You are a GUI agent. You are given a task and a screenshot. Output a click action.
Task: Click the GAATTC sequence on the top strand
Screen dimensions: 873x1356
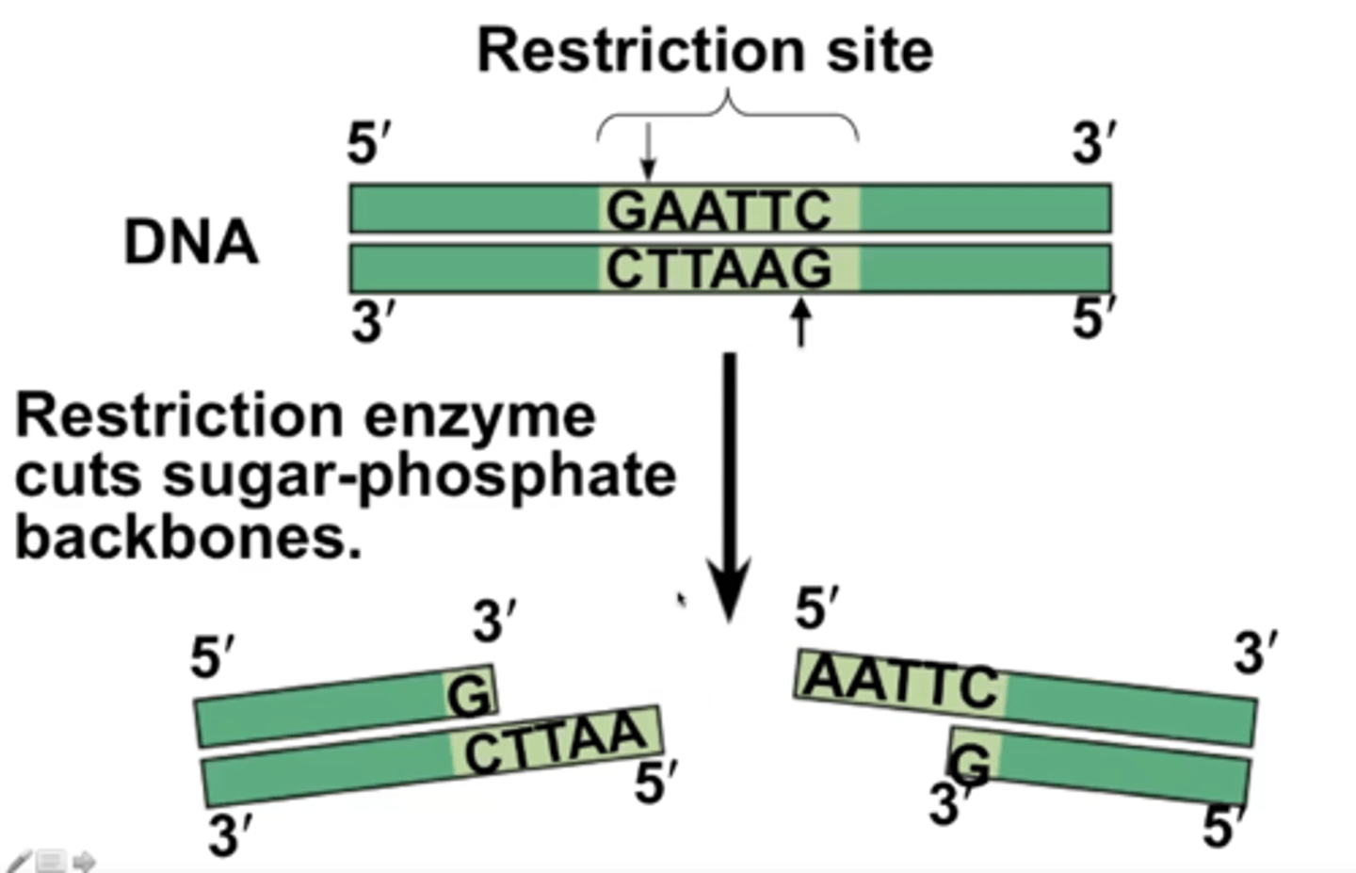pos(718,211)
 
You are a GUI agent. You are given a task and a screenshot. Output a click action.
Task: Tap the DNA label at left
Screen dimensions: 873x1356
pos(191,242)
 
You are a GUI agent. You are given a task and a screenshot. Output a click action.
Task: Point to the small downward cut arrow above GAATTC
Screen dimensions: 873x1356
pos(647,151)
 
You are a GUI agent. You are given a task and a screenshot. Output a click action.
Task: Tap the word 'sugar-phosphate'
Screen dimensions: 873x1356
pos(419,476)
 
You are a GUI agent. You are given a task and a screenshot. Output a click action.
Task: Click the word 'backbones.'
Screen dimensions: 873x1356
pos(188,538)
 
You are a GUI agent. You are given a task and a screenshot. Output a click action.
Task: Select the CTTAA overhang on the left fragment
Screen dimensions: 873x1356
pos(556,743)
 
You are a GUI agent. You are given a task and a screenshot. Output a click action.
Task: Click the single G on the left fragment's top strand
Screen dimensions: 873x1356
pos(469,696)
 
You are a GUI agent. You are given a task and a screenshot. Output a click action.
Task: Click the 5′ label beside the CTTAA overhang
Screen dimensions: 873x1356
pos(655,782)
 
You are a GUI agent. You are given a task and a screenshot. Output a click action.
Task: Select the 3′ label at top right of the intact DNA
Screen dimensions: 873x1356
pos(1093,144)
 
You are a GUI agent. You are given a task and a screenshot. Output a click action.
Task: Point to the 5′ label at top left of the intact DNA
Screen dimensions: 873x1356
pos(368,144)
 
